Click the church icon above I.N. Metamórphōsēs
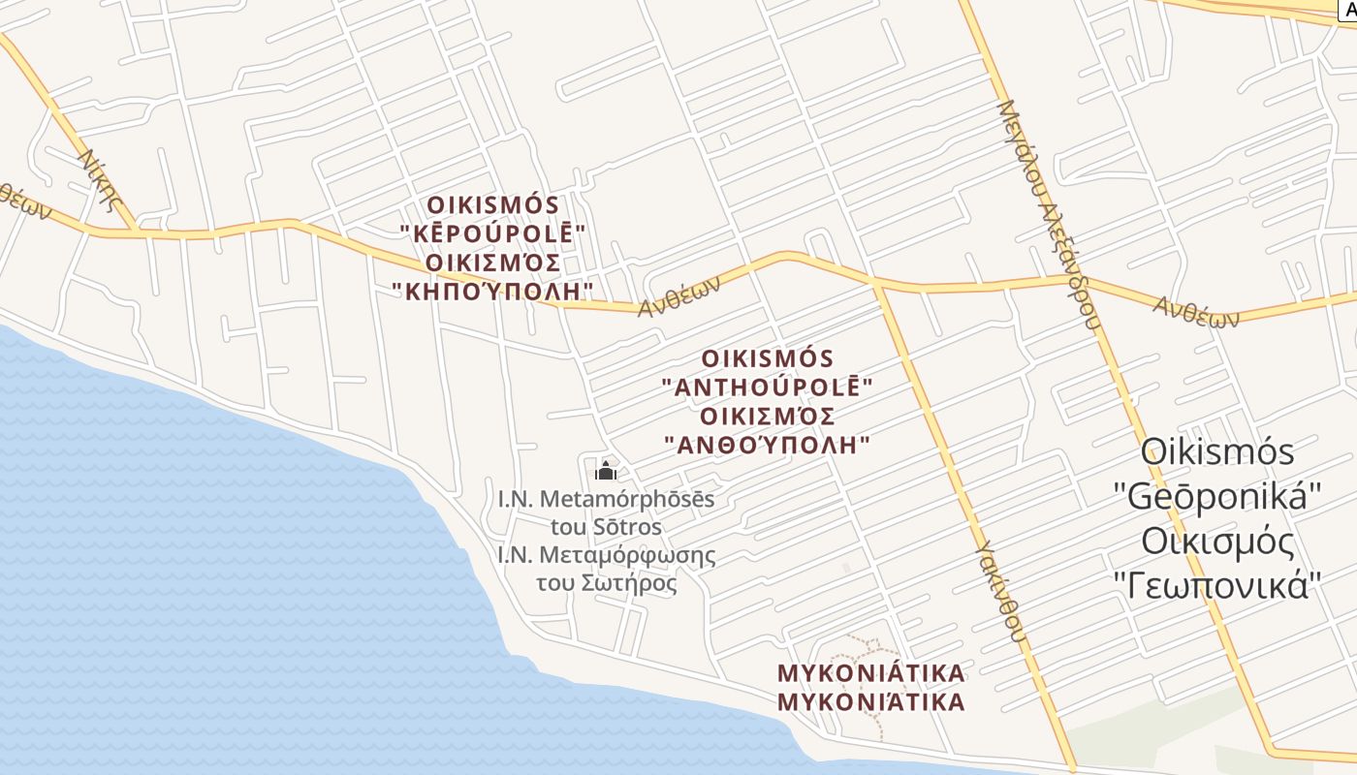click(606, 472)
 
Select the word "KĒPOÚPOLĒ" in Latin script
click(493, 233)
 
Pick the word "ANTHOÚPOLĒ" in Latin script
click(767, 387)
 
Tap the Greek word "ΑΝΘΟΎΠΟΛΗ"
click(767, 445)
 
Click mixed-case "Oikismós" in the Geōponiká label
click(1217, 452)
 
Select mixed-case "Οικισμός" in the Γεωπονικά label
click(1217, 542)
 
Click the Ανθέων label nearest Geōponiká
click(1196, 311)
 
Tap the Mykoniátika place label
click(871, 672)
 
